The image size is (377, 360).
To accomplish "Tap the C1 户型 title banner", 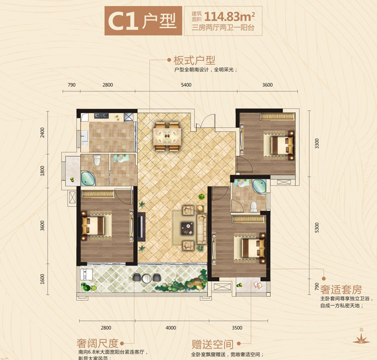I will click(x=141, y=21).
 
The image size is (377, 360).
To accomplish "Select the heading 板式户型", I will click(x=194, y=60).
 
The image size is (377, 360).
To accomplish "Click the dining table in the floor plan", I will click(x=167, y=135).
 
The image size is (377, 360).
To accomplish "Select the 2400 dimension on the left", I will click(x=43, y=133).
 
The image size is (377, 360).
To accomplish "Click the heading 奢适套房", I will click(x=341, y=290).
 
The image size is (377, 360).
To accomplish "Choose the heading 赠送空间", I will click(x=213, y=344).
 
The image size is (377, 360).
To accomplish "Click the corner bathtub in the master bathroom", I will click(x=260, y=186).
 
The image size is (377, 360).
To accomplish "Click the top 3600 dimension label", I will click(x=267, y=85).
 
